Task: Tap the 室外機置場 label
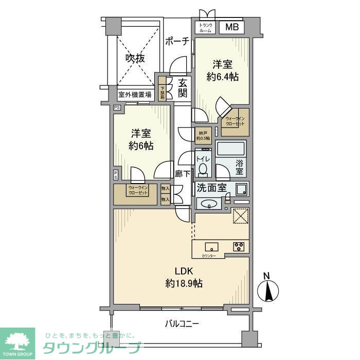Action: (x=135, y=95)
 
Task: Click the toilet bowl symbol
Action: (x=203, y=168)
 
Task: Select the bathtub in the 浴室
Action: (x=231, y=150)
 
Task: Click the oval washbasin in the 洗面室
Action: (x=209, y=204)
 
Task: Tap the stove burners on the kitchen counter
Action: (x=239, y=246)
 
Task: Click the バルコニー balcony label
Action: (x=182, y=323)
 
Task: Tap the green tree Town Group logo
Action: (x=17, y=341)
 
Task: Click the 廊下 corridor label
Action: (x=183, y=174)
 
